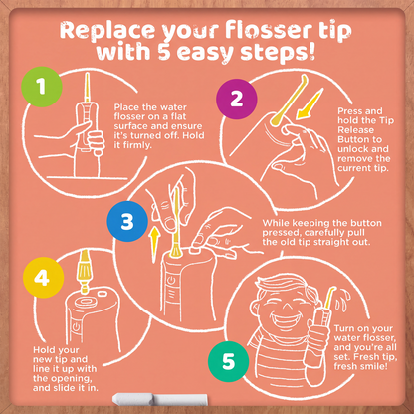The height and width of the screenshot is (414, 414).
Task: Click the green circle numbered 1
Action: coord(42,87)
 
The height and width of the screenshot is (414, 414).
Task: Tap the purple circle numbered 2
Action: coord(237,99)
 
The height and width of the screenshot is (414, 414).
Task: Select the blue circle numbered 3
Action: coord(127,221)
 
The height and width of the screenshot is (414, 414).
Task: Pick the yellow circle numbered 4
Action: coord(43,278)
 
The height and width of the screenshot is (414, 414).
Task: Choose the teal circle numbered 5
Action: coord(228,361)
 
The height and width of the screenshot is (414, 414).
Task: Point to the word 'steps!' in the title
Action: coord(278,53)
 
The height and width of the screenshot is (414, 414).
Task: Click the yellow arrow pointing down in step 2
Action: coord(310,103)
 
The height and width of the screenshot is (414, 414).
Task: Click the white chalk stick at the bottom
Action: coord(160,399)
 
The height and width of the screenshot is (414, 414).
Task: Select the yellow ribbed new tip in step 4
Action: coord(85,271)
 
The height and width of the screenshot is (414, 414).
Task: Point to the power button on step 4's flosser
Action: coord(76,328)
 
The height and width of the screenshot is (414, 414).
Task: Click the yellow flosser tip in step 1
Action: coord(87,88)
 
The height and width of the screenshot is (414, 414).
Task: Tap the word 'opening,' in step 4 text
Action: coord(72,378)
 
